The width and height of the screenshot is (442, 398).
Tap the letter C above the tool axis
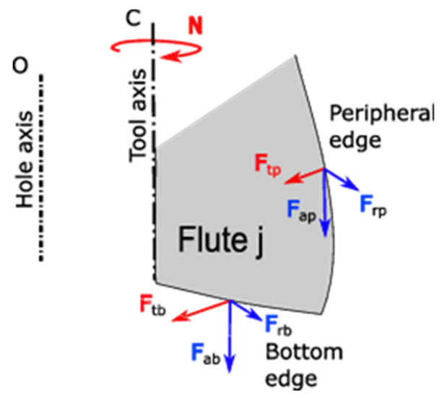(x=132, y=19)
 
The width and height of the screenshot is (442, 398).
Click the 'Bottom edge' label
(x=303, y=365)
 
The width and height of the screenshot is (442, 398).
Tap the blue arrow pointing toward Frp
(x=340, y=180)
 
